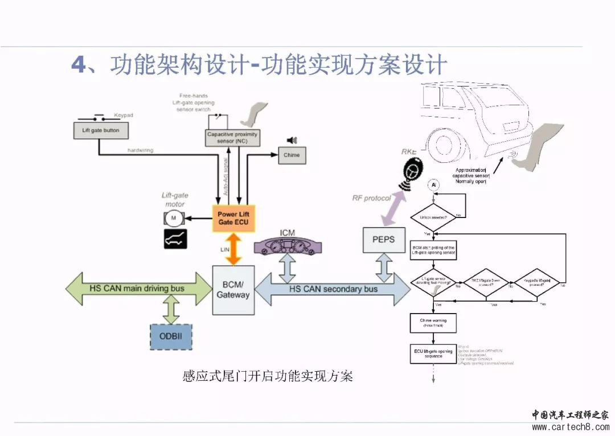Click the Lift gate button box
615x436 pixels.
click(101, 130)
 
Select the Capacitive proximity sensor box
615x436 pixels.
click(232, 138)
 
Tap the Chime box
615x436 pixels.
click(291, 155)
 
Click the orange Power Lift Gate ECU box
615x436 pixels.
click(233, 218)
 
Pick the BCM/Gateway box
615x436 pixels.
click(233, 290)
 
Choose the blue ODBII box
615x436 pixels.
click(171, 337)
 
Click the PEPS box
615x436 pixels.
click(384, 240)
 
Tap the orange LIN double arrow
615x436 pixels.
click(233, 248)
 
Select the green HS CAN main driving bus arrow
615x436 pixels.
click(139, 289)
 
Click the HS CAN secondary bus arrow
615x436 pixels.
click(333, 289)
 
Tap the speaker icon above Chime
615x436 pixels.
click(292, 141)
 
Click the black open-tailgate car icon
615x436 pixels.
click(175, 240)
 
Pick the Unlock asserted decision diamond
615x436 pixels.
click(433, 217)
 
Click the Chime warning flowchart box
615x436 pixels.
click(433, 323)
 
